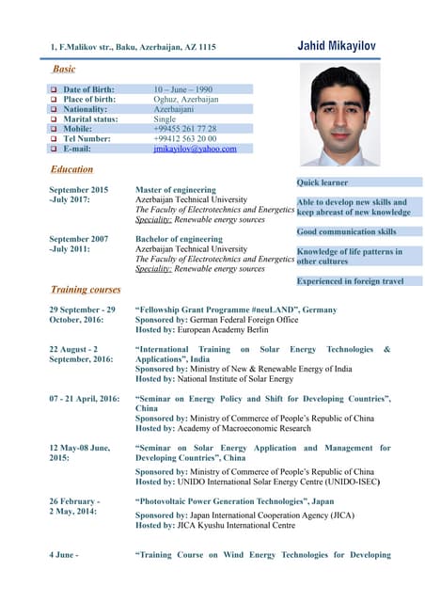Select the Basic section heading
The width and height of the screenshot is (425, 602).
click(x=64, y=69)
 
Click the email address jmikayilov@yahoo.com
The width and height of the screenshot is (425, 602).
click(x=195, y=149)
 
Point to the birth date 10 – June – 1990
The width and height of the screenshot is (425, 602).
click(x=182, y=88)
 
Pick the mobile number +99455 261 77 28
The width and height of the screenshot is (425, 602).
click(x=184, y=129)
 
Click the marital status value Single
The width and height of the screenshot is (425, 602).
click(x=165, y=119)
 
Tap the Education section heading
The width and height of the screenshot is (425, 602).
click(x=71, y=169)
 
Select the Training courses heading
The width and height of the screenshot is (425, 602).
click(x=86, y=290)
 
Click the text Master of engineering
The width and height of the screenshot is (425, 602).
click(x=176, y=189)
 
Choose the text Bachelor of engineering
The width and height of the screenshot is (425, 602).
click(x=179, y=239)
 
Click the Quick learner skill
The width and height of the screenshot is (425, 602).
click(x=323, y=182)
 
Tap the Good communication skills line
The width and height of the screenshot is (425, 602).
click(x=346, y=231)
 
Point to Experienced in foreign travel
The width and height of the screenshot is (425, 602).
click(x=350, y=280)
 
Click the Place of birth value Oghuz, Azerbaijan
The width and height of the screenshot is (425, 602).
click(x=186, y=99)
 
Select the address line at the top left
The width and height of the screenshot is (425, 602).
click(x=133, y=46)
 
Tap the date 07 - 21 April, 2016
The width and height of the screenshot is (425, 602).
click(x=85, y=399)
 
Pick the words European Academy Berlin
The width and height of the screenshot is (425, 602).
click(x=225, y=329)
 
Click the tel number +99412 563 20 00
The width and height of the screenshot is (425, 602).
click(x=184, y=138)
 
